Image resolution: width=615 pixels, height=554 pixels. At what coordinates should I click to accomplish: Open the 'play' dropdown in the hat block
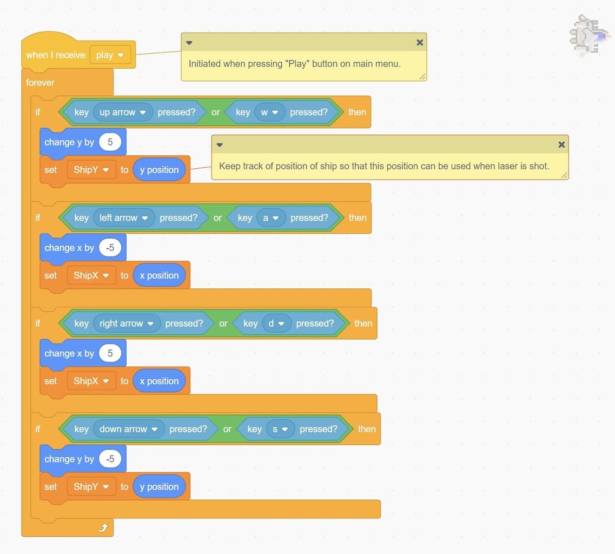point(110,55)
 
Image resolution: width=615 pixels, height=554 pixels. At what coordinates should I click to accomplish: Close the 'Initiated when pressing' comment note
point(419,42)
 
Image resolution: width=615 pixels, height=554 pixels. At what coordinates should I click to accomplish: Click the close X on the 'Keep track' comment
point(561,144)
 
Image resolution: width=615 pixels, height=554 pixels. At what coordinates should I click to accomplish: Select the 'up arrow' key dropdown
point(123,112)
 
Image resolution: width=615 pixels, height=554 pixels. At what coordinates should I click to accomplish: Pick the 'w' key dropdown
point(269,112)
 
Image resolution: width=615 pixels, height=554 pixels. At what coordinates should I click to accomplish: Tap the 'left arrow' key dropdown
point(124,217)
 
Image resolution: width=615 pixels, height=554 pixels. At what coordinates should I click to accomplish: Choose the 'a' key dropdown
point(270,217)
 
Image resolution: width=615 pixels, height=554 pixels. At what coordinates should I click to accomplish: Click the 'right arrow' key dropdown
point(127,323)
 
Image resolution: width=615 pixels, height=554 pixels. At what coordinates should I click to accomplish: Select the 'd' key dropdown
point(276,323)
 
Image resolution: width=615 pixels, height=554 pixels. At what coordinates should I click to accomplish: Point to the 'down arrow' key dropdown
point(129,428)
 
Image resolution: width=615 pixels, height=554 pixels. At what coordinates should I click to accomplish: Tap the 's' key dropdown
point(280,428)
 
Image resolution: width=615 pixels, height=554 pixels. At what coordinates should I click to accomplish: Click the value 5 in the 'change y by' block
point(110,142)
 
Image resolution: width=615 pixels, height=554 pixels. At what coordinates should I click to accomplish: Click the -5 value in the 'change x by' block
point(110,247)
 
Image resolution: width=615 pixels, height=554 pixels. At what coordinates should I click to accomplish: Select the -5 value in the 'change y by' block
point(110,459)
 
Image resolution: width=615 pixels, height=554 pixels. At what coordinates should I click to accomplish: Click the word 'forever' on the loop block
point(40,82)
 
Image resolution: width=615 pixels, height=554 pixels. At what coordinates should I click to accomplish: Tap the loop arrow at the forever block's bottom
point(103,527)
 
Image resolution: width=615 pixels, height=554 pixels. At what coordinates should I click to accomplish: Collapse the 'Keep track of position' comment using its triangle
point(220,144)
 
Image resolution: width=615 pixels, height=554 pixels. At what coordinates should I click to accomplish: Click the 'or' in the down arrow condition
point(227,428)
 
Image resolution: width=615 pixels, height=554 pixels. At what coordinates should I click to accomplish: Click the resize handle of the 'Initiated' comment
point(422,76)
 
